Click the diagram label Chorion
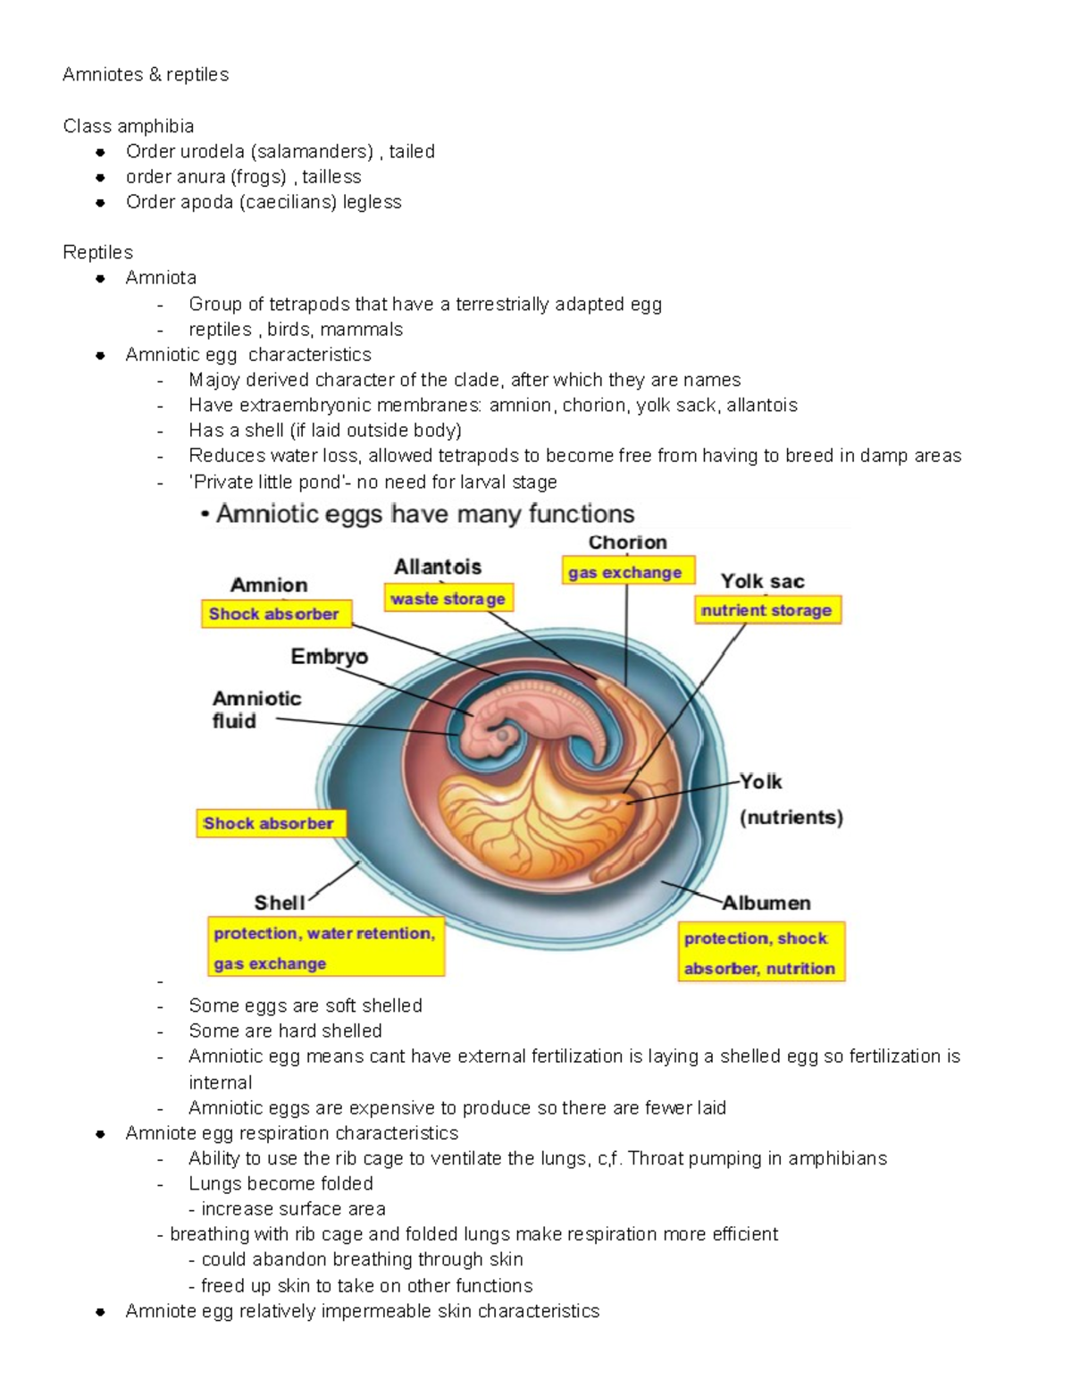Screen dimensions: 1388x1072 tap(627, 543)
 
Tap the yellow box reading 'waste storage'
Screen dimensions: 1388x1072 tap(448, 599)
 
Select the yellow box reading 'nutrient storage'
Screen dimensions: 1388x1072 tap(767, 610)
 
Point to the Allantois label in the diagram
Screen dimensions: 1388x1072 tap(438, 567)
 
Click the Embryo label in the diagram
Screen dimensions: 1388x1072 tap(329, 657)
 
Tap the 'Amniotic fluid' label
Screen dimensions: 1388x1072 tap(255, 710)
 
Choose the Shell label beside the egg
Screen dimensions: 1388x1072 tap(279, 903)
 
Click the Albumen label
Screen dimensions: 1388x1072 tap(766, 903)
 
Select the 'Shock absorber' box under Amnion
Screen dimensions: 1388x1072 tap(274, 614)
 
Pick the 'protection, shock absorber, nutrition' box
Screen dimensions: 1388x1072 tap(760, 953)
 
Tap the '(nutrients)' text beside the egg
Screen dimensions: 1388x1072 tap(791, 817)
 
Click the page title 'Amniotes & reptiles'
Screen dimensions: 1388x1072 tap(146, 74)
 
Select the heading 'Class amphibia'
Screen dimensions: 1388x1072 tap(129, 126)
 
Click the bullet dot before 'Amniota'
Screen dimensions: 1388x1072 tap(101, 278)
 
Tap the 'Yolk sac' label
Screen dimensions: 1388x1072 tap(763, 582)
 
